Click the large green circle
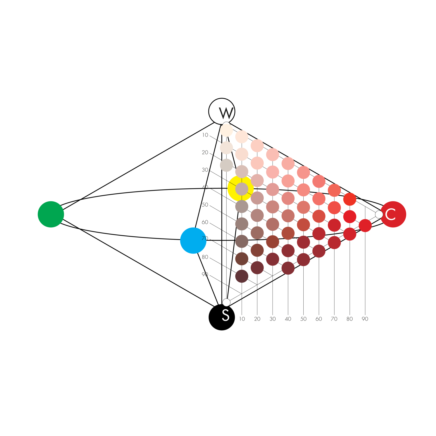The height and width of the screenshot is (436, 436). click(51, 214)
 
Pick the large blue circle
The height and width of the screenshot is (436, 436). click(193, 241)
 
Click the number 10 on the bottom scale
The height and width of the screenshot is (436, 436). click(242, 319)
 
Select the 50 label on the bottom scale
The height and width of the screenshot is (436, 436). click(303, 319)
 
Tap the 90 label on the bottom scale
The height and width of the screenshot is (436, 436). click(365, 319)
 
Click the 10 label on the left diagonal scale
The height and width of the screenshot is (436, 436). click(205, 135)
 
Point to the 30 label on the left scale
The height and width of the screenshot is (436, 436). click(205, 170)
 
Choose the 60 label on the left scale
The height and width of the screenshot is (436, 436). click(205, 222)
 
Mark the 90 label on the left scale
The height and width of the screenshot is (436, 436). click(205, 275)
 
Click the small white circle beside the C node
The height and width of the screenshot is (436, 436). click(379, 215)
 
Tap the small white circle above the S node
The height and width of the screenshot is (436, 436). click(226, 302)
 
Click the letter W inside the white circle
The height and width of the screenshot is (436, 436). click(226, 113)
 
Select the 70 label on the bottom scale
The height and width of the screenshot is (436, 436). click(334, 319)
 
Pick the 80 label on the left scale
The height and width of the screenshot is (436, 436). click(205, 257)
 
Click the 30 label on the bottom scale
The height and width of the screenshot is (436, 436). click(272, 319)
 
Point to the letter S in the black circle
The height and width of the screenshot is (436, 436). click(226, 316)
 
